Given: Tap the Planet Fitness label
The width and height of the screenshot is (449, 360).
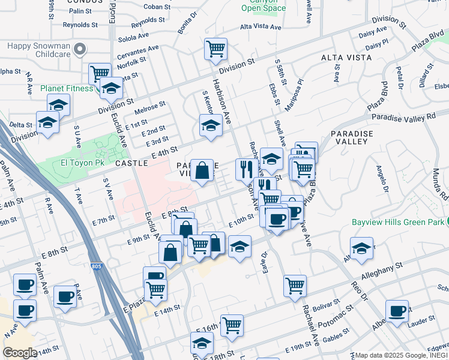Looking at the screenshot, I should tap(66, 88).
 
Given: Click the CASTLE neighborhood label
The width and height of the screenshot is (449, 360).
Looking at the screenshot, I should tap(131, 163).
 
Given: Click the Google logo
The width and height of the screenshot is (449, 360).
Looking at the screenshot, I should tap(20, 352).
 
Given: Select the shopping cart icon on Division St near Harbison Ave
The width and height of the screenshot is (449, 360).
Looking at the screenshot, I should tap(215, 49).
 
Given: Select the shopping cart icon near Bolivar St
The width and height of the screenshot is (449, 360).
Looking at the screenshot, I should tap(295, 286).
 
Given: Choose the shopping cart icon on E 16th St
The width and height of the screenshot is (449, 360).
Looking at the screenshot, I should tap(232, 325).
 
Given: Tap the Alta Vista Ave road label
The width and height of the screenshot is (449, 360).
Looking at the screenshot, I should tap(261, 27).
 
